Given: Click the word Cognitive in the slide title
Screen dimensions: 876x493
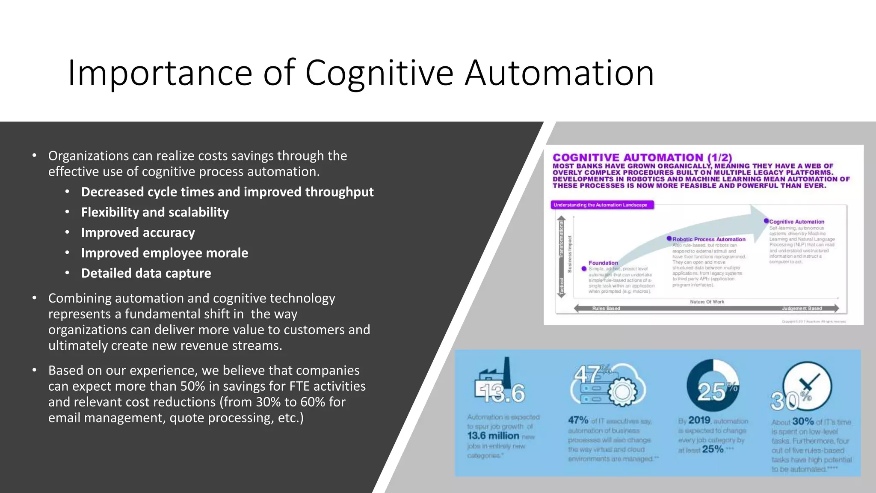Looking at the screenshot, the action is coord(379,74).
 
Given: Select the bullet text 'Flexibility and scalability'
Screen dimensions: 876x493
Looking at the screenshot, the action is coord(155,212).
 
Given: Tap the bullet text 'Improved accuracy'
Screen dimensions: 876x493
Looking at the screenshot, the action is coord(138,233).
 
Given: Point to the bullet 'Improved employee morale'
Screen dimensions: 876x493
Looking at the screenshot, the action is coord(164,253).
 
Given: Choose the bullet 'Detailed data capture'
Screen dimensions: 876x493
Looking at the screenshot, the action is coord(146,273).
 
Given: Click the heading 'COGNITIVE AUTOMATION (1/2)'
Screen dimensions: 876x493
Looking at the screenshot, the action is coord(642,157).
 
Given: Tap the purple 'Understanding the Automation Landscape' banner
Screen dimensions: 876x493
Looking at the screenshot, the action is coord(601,205).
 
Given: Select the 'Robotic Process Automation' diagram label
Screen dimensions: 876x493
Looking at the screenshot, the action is coord(709,239).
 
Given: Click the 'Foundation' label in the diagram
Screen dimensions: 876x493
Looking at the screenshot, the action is coord(603,263).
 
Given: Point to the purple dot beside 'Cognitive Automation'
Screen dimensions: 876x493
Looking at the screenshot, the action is coord(766,221).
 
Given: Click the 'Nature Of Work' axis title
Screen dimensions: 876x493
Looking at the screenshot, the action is coord(707,302).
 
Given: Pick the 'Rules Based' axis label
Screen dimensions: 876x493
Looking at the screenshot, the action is coord(606,308).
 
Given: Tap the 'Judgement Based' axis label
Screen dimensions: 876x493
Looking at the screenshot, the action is coord(802,308).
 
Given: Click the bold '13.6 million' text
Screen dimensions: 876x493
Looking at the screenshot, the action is coord(493,436).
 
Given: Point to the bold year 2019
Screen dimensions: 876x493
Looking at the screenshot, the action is coord(699,421).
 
